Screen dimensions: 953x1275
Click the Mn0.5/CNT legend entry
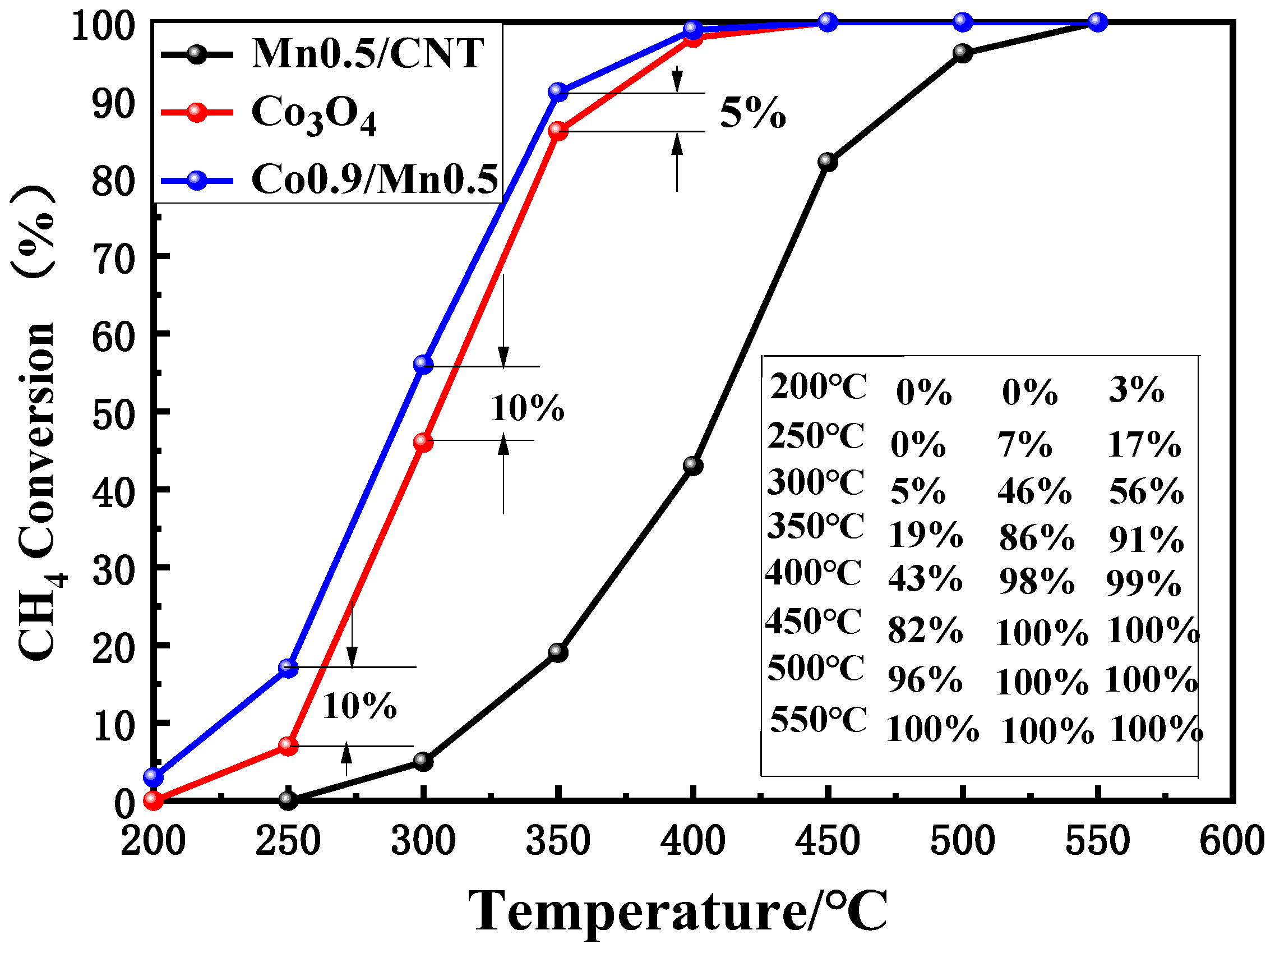367,53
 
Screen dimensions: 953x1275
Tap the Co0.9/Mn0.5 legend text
374,179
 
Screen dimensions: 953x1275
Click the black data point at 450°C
827,162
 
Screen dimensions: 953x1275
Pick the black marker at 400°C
693,465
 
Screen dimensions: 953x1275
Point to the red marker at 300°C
423,442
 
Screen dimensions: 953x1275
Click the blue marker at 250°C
288,667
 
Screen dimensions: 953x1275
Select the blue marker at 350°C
558,91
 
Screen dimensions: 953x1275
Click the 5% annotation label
752,113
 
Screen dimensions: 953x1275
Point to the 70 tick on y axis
114,260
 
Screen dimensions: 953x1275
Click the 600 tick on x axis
1232,841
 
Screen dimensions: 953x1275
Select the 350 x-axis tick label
558,841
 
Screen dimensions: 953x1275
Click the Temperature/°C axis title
677,911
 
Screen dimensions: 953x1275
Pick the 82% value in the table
925,629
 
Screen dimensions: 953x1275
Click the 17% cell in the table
1144,444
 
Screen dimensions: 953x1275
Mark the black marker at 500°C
962,53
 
